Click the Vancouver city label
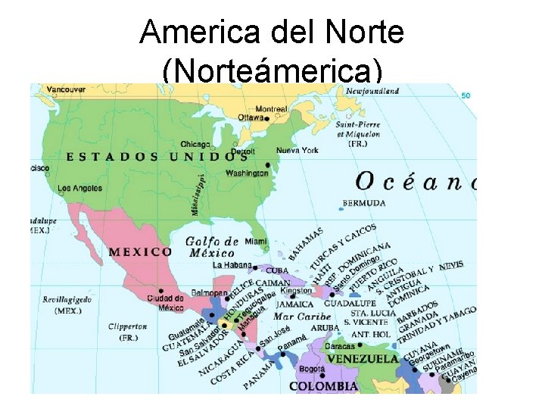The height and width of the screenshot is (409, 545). [x=67, y=89]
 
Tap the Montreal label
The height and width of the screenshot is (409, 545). [x=271, y=109]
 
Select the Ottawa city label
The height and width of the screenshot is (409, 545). [x=251, y=118]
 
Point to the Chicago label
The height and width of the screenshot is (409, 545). [x=195, y=144]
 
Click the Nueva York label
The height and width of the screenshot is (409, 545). [x=297, y=151]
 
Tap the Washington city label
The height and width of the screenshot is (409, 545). [x=247, y=173]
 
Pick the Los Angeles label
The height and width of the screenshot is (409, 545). [x=81, y=188]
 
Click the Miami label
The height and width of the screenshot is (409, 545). [x=256, y=242]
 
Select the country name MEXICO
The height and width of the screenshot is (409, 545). [x=140, y=251]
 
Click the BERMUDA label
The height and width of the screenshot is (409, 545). [x=364, y=203]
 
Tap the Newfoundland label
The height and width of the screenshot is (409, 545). [x=372, y=92]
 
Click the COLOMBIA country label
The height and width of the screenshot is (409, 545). [x=324, y=386]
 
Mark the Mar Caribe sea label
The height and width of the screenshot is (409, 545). [x=302, y=317]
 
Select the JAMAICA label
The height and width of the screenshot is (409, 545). [x=294, y=304]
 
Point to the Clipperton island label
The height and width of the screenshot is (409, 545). [x=127, y=326]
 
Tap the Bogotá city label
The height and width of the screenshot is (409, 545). [x=311, y=370]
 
